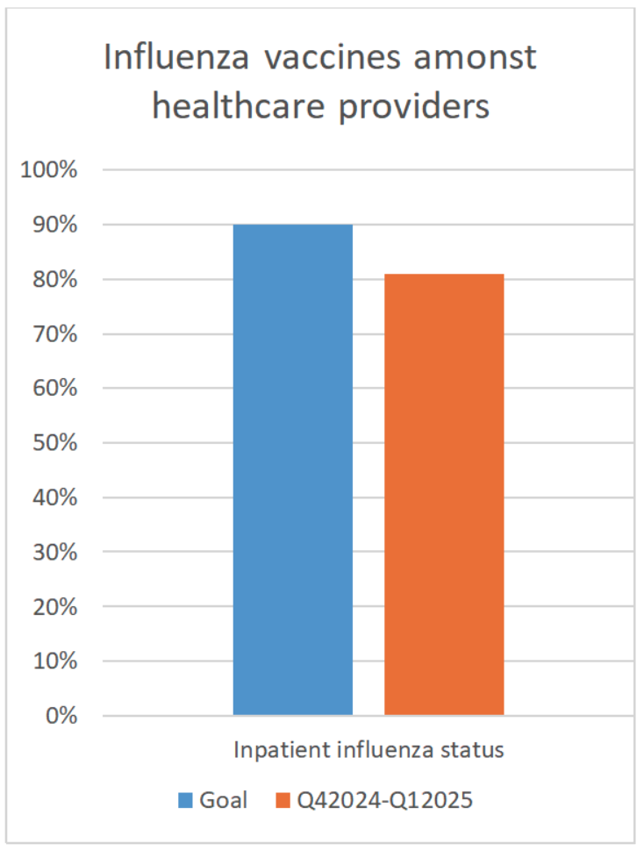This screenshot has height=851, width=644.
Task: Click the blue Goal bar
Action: pyautogui.click(x=292, y=469)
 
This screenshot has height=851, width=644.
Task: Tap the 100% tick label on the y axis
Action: pyautogui.click(x=49, y=170)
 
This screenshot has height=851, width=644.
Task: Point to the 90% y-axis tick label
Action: pyautogui.click(x=54, y=225)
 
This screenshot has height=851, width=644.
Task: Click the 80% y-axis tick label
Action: pyautogui.click(x=54, y=280)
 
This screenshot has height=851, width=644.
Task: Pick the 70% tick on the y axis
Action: pyautogui.click(x=54, y=334)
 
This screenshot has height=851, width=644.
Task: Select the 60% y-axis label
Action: pyautogui.click(x=54, y=389)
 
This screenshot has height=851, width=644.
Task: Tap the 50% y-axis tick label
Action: pyautogui.click(x=54, y=443)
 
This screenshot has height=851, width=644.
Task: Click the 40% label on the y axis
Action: pyautogui.click(x=54, y=497)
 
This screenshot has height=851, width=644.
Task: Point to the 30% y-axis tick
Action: pyautogui.click(x=54, y=552)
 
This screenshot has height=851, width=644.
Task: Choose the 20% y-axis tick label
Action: pyautogui.click(x=54, y=606)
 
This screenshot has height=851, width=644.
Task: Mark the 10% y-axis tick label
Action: pyautogui.click(x=54, y=661)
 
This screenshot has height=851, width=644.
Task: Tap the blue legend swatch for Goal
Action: pyautogui.click(x=186, y=800)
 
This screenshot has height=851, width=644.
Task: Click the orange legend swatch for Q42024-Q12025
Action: pyautogui.click(x=283, y=800)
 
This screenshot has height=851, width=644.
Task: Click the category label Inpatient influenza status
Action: pyautogui.click(x=368, y=751)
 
